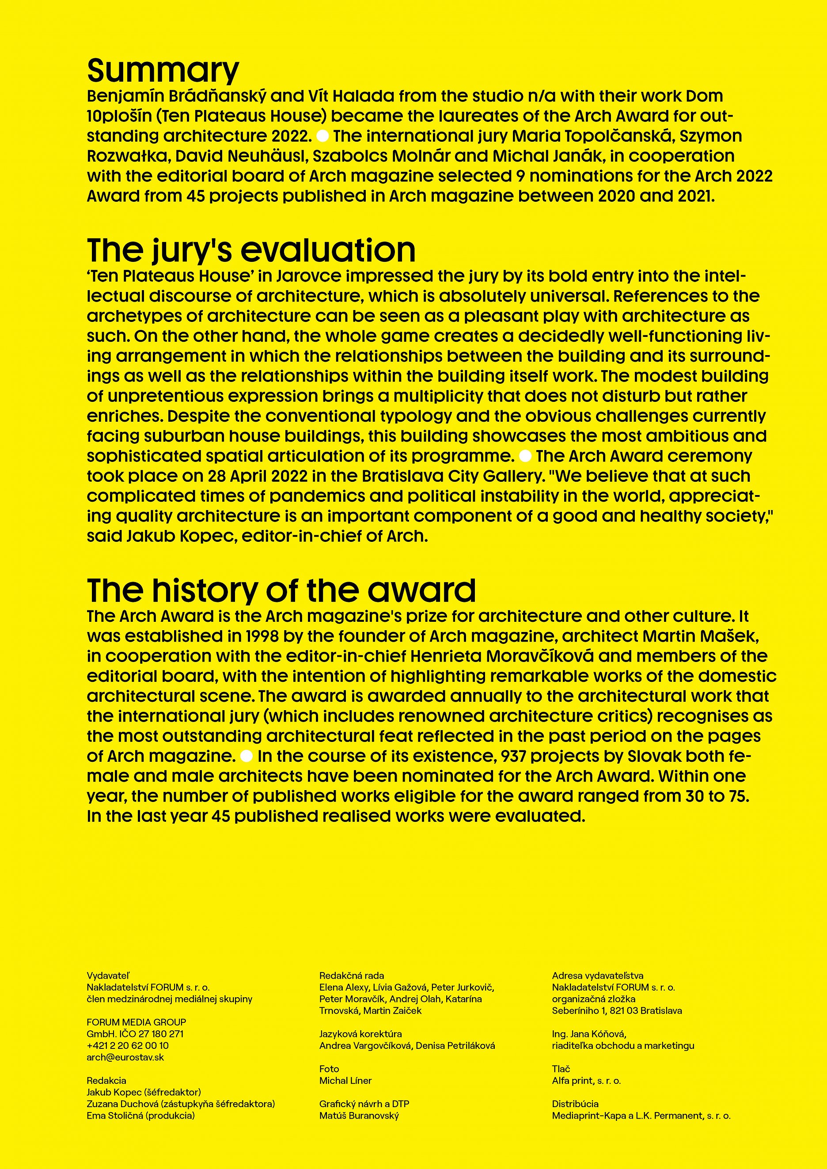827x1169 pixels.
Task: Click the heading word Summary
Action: [x=163, y=70]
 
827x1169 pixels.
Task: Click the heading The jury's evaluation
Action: [x=251, y=250]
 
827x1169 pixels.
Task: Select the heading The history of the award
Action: [x=281, y=590]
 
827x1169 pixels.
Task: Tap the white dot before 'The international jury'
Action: [x=322, y=136]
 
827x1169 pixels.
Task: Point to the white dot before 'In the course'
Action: [x=247, y=756]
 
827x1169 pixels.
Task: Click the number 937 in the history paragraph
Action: [x=513, y=756]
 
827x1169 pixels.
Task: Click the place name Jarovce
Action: [x=310, y=276]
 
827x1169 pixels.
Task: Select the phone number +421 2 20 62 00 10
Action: [x=128, y=1045]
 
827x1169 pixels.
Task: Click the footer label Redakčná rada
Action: [x=351, y=976]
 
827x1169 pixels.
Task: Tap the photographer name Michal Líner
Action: [x=345, y=1080]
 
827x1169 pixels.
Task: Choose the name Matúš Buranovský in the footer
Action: [x=359, y=1116]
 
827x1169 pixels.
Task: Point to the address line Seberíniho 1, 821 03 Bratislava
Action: [x=617, y=1010]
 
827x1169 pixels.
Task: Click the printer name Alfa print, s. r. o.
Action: [x=586, y=1080]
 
